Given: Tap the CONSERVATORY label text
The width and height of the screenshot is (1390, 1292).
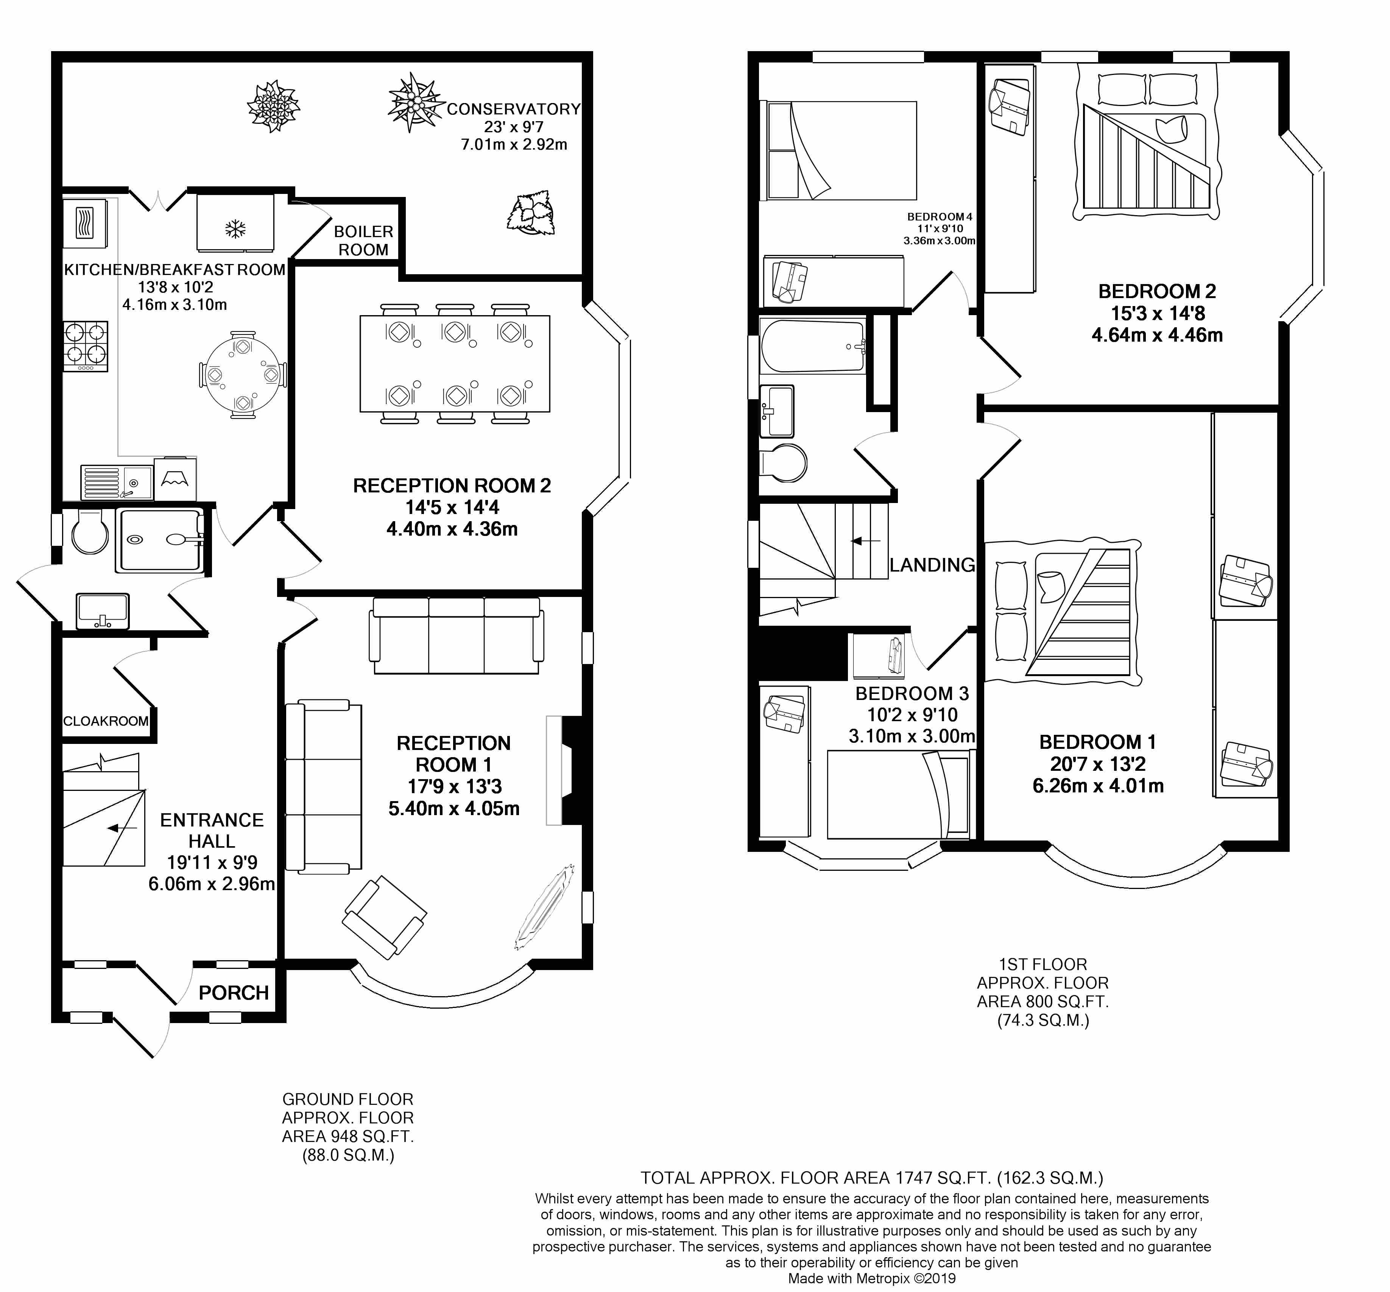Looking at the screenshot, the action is pyautogui.click(x=514, y=109).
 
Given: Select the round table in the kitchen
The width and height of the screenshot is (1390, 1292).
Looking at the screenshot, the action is pyautogui.click(x=243, y=374).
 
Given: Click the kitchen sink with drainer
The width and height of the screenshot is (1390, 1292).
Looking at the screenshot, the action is pyautogui.click(x=117, y=482).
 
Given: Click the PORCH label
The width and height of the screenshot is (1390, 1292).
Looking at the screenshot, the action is pyautogui.click(x=234, y=993).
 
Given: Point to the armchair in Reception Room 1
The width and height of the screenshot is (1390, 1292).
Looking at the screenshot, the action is pyautogui.click(x=384, y=916).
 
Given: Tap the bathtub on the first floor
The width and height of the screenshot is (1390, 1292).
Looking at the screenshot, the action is pyautogui.click(x=814, y=346).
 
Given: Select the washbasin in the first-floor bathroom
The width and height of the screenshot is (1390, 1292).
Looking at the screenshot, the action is pyautogui.click(x=777, y=411).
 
